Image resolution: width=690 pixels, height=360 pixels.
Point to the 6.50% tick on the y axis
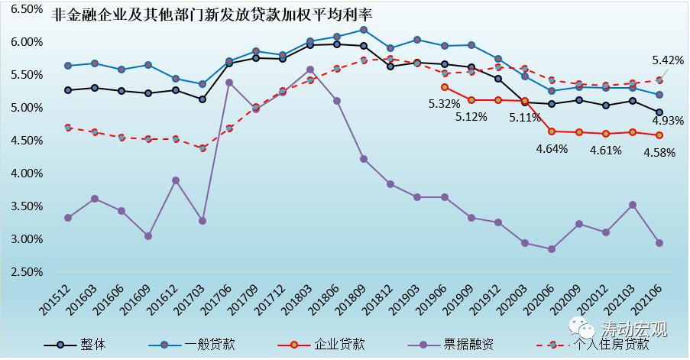(x=23, y=9)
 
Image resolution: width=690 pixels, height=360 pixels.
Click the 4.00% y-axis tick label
(x=23, y=174)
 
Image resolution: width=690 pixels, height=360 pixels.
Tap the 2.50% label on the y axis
(x=23, y=272)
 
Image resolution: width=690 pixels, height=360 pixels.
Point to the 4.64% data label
(x=552, y=148)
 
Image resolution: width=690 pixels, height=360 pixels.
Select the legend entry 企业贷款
(x=337, y=343)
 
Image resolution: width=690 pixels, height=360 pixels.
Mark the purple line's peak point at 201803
(x=309, y=70)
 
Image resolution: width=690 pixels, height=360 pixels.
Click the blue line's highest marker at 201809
(x=364, y=30)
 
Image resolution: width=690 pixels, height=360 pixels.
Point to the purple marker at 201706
(x=228, y=83)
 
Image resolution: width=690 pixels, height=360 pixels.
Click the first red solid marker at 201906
(x=445, y=87)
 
